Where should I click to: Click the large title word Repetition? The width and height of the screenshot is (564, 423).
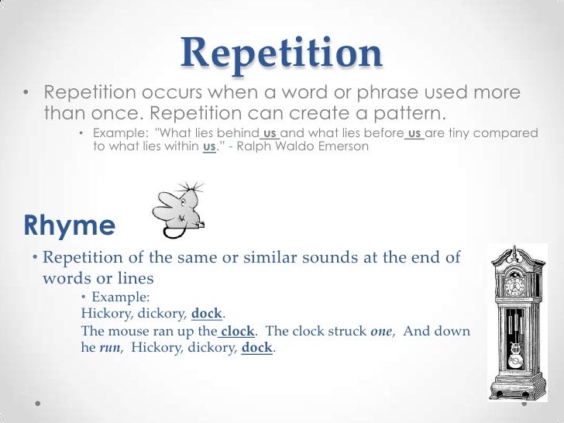click(x=282, y=53)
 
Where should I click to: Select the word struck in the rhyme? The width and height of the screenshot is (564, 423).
click(x=348, y=331)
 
